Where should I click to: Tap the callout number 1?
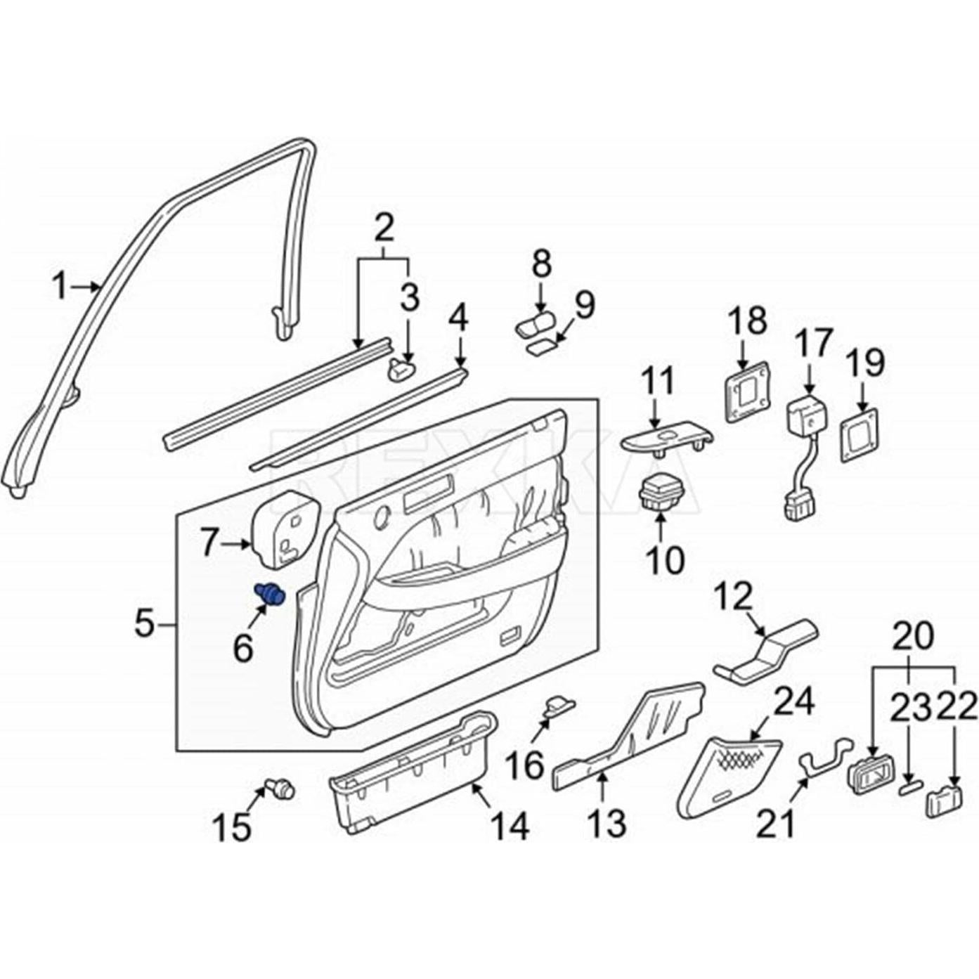coord(60,287)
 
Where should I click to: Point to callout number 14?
coord(510,826)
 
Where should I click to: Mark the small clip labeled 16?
coord(559,704)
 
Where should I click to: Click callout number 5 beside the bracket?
coord(145,623)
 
